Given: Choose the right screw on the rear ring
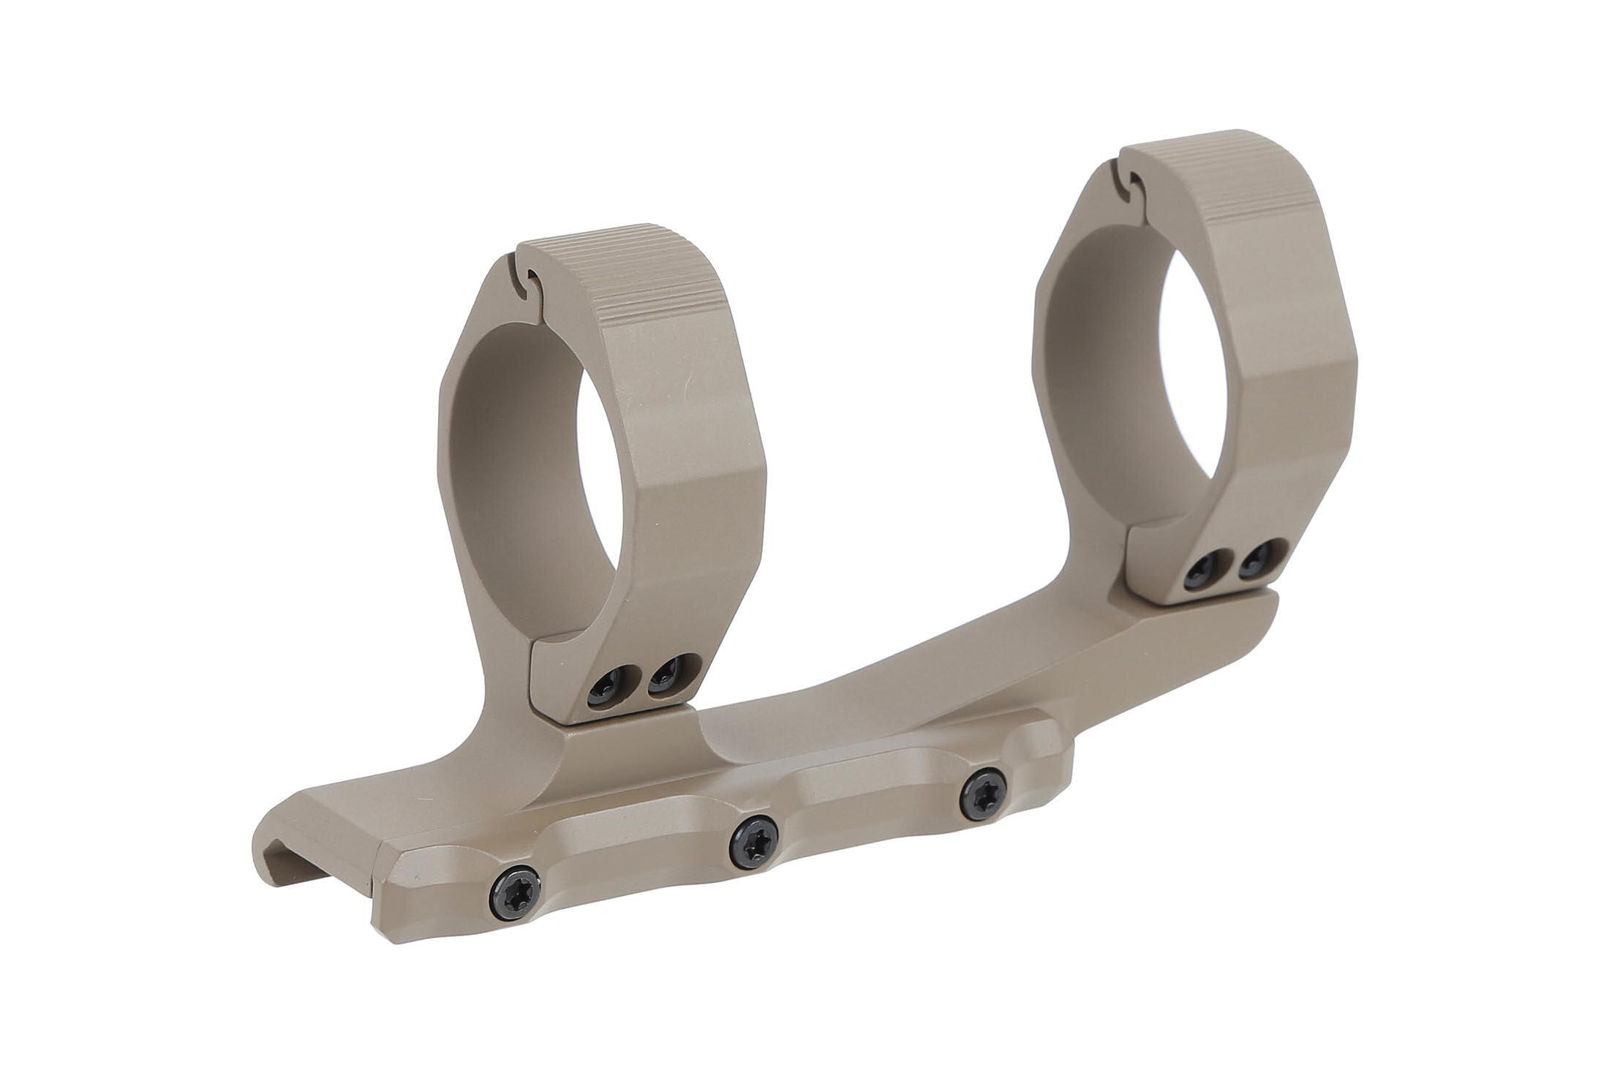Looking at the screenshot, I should (1257, 554).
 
